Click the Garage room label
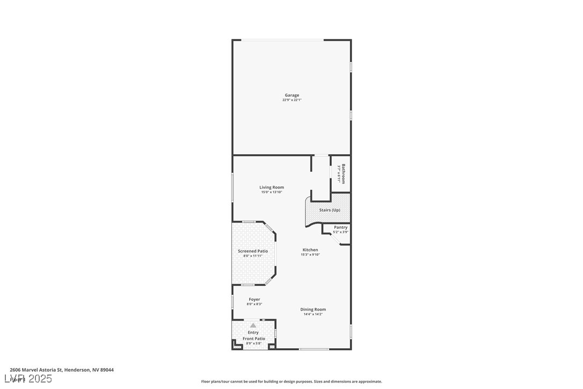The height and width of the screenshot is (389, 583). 292,95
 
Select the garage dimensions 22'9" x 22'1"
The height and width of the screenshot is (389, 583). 292,100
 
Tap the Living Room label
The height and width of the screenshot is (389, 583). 272,188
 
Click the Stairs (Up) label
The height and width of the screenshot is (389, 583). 330,210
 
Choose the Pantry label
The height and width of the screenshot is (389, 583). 341,227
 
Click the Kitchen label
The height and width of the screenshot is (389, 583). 310,250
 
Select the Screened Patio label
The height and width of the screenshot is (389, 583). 253,251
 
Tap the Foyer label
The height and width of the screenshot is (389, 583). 254,299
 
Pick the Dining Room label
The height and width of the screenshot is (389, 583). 313,309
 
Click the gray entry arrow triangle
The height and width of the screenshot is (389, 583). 253,325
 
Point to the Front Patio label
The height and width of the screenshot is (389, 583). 254,338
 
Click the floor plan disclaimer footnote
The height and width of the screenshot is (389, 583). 291,381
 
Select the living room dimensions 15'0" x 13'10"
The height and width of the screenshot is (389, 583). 272,192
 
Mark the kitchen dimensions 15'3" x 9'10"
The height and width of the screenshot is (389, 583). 310,255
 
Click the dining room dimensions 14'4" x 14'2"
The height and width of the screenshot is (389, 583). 313,314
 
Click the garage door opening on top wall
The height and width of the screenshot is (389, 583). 283,40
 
